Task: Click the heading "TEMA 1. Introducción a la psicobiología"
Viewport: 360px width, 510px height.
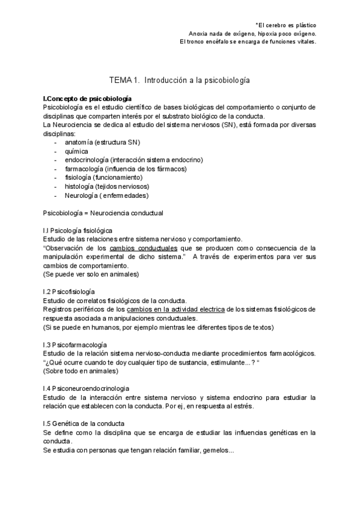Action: coord(180,79)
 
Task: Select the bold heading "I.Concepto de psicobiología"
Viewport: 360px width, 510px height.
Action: coord(88,98)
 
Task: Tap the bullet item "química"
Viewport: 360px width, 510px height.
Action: coord(77,151)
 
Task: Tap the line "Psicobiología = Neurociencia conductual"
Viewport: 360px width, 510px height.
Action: coord(103,213)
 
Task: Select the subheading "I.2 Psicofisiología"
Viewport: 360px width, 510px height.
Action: coord(72,292)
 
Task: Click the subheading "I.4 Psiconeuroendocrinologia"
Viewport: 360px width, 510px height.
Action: coord(87,389)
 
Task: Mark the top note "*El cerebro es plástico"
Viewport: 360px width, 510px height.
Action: coord(285,25)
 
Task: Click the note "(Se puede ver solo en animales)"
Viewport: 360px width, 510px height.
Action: coord(91,274)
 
